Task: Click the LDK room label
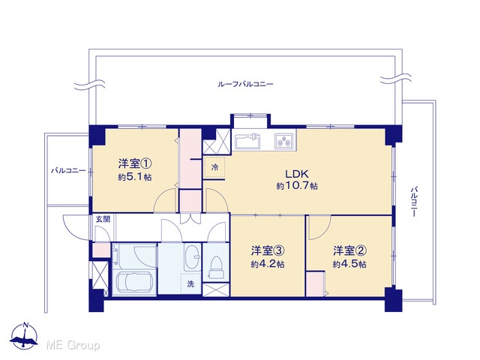pyautogui.click(x=297, y=174)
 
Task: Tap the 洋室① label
pyautogui.click(x=135, y=163)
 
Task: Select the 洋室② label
pyautogui.click(x=350, y=250)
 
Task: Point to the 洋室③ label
pyautogui.click(x=268, y=250)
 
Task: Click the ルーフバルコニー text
pyautogui.click(x=245, y=84)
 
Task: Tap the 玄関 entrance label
pyautogui.click(x=103, y=219)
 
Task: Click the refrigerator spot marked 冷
pyautogui.click(x=215, y=167)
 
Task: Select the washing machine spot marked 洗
pyautogui.click(x=190, y=284)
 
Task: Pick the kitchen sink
pyautogui.click(x=248, y=142)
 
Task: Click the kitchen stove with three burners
pyautogui.click(x=284, y=142)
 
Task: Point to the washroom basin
pyautogui.click(x=192, y=257)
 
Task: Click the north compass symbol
pyautogui.click(x=24, y=335)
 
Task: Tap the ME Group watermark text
pyautogui.click(x=73, y=346)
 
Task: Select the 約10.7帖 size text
pyautogui.click(x=297, y=186)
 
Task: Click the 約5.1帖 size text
pyautogui.click(x=135, y=177)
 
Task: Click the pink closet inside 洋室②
pyautogui.click(x=315, y=283)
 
